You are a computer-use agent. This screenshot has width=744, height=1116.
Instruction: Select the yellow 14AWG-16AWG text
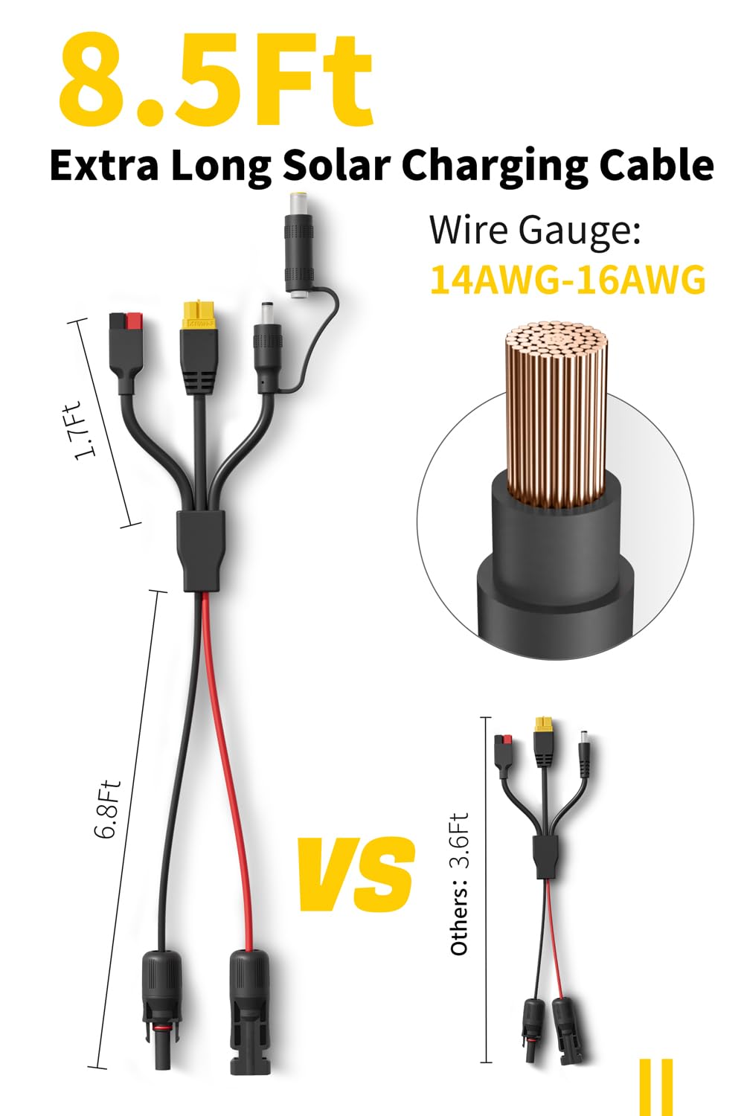(x=568, y=280)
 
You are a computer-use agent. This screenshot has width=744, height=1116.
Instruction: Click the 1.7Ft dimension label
(x=83, y=431)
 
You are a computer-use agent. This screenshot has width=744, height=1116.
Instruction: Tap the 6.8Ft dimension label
(x=107, y=809)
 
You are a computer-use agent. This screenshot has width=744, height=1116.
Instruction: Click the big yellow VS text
(x=356, y=875)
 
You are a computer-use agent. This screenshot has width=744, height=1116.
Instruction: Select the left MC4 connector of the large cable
(x=161, y=1004)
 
